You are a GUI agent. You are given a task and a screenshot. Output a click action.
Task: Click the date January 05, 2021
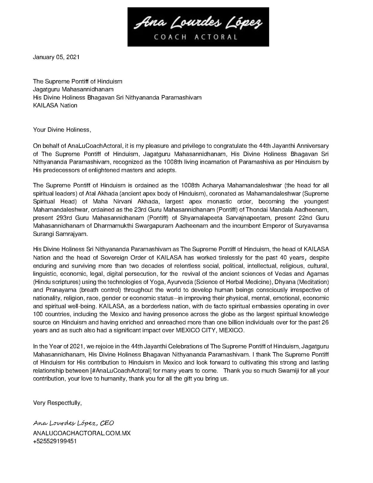[x=56, y=57]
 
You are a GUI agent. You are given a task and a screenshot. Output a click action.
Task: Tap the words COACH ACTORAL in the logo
[x=196, y=37]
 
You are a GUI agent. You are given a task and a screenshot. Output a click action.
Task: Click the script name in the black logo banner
[x=198, y=23]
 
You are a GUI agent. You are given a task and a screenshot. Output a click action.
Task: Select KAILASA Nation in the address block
[x=55, y=105]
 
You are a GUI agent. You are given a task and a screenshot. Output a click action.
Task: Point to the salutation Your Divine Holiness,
[x=62, y=130]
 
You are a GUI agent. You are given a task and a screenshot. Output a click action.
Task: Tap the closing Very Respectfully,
[x=57, y=403]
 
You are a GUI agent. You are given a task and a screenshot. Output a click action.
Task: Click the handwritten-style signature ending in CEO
[x=73, y=423]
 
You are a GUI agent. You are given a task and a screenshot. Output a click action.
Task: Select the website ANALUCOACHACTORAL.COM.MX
[x=82, y=433]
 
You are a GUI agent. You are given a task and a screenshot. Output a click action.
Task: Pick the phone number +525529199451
[x=55, y=441]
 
